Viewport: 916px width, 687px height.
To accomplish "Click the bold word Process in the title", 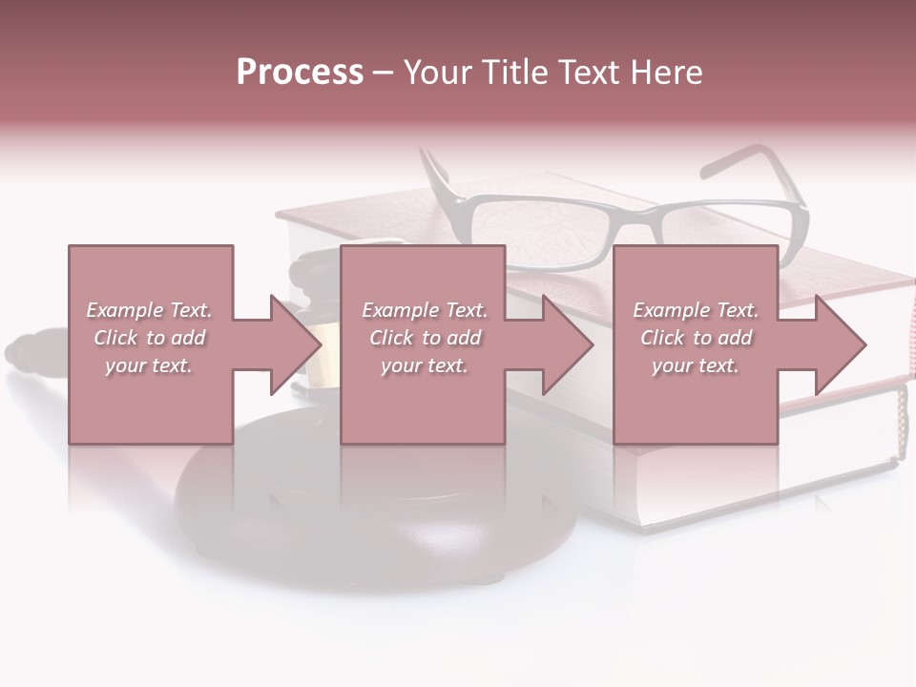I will coord(300,73).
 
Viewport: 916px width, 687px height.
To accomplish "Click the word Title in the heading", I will coord(515,73).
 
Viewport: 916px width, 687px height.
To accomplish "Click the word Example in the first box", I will coord(125,310).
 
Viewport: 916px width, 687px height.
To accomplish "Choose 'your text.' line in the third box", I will coord(695,365).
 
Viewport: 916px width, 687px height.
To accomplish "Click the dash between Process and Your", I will coord(383,73).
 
